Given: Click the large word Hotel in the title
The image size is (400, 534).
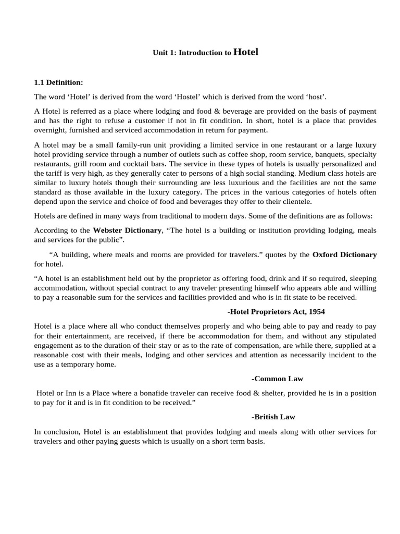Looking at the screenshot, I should (246, 52).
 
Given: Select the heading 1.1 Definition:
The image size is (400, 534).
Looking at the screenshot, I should (59, 82).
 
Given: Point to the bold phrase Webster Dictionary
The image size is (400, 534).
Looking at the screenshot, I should (127, 230).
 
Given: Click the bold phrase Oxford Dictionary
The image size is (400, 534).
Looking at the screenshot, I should (344, 254).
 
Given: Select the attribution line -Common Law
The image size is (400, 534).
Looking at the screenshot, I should (277, 379).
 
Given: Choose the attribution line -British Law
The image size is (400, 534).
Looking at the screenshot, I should (273, 417).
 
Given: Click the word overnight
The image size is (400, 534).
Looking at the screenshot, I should (51, 130).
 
